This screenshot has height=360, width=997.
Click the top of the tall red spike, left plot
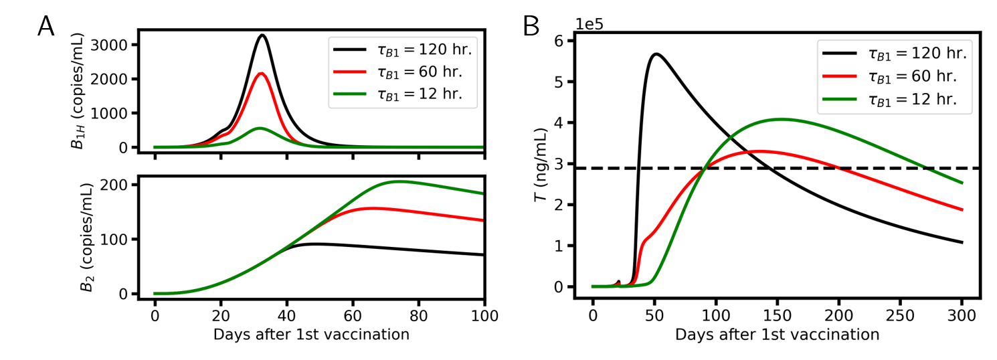[x=261, y=73]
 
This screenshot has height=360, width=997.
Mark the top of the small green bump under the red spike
[x=260, y=128]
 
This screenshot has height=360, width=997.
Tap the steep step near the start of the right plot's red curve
[x=640, y=254]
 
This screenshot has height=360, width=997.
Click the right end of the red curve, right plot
[x=963, y=209]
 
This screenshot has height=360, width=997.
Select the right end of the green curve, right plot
[x=963, y=182]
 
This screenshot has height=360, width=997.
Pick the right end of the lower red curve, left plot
[x=482, y=220]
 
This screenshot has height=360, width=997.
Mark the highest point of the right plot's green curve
[x=781, y=119]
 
